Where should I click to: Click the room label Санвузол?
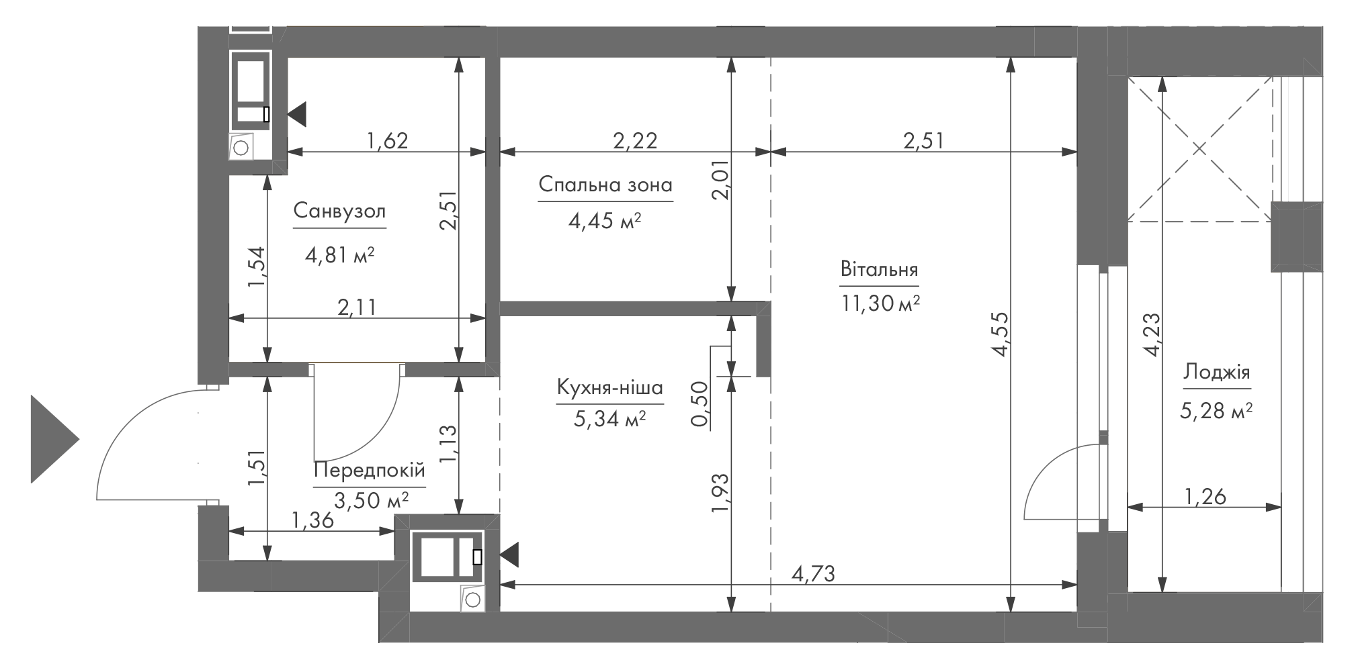click(339, 211)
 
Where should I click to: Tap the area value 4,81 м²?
click(339, 255)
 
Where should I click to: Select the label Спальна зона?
click(605, 184)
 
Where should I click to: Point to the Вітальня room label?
click(879, 270)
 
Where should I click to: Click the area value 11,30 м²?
click(880, 304)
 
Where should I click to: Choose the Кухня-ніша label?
click(609, 387)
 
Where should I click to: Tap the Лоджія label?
click(1217, 372)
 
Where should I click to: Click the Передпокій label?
click(370, 470)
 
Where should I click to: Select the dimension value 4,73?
click(813, 575)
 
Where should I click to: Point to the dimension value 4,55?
click(999, 334)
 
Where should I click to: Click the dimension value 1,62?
click(387, 140)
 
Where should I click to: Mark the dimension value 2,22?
click(635, 140)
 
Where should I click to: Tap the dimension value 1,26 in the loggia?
click(1205, 497)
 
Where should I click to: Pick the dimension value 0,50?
click(701, 404)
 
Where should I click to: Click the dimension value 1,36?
click(313, 520)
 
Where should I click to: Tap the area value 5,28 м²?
click(1216, 410)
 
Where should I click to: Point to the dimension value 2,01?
click(721, 183)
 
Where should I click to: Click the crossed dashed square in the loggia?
click(1200, 149)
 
